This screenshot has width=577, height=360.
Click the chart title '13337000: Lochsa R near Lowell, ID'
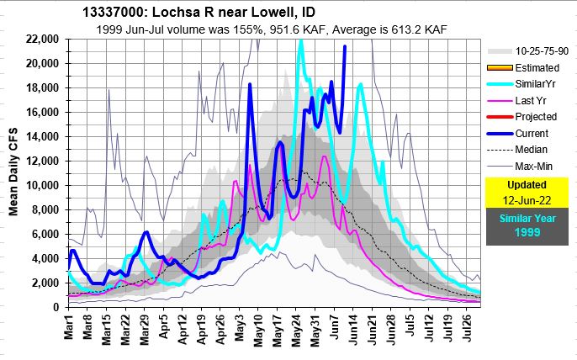tap(200, 14)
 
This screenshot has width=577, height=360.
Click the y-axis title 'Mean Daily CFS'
tap(13, 173)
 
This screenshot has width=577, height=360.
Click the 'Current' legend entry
tap(527, 133)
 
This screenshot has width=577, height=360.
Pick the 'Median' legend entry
tap(527, 150)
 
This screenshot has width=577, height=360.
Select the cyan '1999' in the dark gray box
tap(527, 231)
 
